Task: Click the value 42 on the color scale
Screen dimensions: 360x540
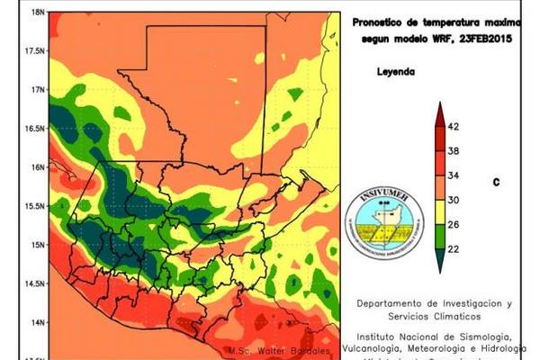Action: click(454, 127)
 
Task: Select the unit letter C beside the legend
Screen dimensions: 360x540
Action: click(496, 182)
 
